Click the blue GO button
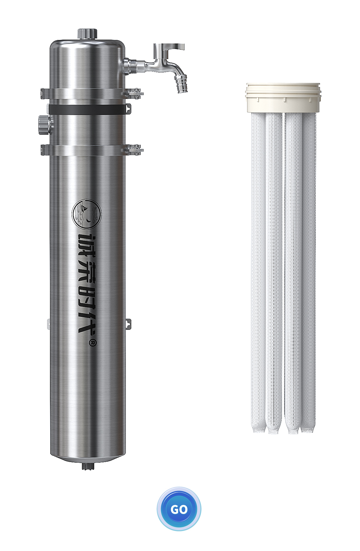[179, 509]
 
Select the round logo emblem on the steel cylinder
[87, 213]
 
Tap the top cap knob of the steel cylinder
[87, 34]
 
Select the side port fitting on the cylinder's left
[44, 125]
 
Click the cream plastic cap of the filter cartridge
[283, 98]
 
